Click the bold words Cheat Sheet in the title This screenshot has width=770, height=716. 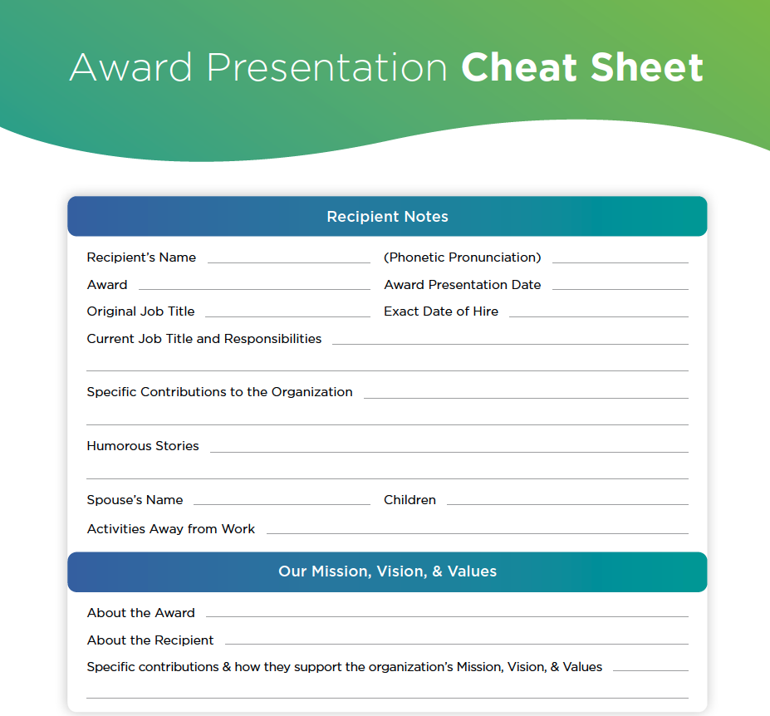(582, 67)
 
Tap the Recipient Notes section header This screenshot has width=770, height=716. (387, 217)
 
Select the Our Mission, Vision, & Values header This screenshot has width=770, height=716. (387, 571)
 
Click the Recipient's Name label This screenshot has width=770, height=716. (141, 257)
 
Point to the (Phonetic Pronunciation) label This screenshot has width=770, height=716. (462, 257)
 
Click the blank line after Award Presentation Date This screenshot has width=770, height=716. (620, 289)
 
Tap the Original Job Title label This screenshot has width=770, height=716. (140, 311)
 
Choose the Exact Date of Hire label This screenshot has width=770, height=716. (441, 311)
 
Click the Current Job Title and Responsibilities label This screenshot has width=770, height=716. (204, 339)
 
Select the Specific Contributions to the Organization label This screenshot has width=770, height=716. (219, 392)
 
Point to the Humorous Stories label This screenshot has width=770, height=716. (143, 446)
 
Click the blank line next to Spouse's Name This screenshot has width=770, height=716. (282, 504)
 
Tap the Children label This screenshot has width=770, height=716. (410, 500)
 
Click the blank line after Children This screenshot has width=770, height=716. (567, 504)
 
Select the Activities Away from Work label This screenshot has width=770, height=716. (171, 529)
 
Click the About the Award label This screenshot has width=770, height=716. (141, 613)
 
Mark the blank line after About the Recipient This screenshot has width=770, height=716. (457, 644)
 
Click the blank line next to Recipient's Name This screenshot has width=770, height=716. (289, 262)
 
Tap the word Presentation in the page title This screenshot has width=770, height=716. (326, 67)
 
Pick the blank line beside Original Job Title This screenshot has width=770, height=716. (287, 316)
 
